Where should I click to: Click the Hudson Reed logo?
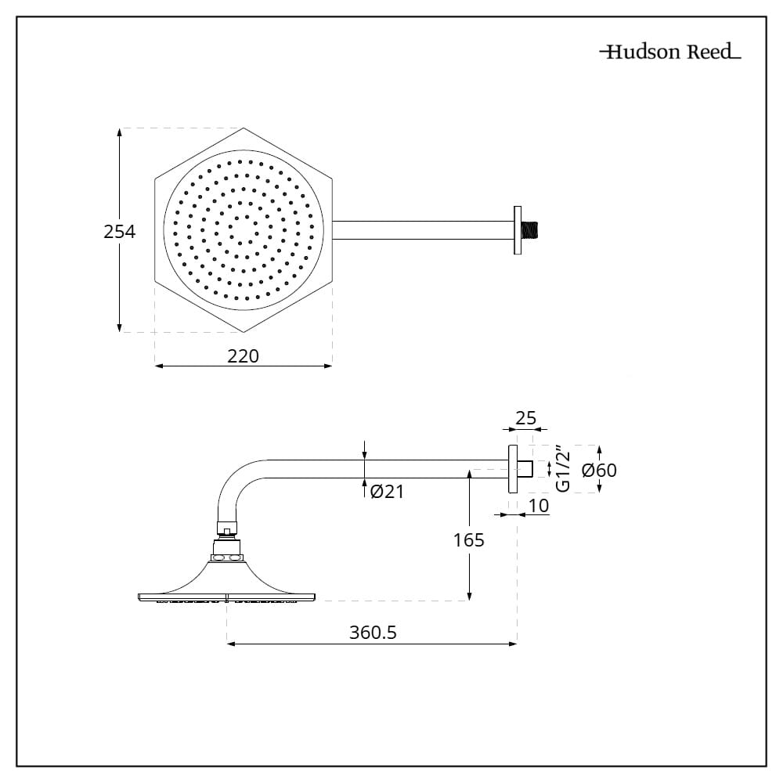(669, 52)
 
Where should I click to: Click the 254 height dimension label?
(120, 232)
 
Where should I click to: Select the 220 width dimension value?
(243, 355)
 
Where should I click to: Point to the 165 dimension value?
(468, 539)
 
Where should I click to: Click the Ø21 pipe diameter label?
(387, 492)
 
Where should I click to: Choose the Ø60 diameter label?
(601, 470)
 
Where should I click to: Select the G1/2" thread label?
(562, 469)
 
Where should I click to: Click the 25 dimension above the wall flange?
(526, 418)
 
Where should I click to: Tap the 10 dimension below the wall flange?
(539, 506)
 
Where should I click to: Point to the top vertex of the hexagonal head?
(244, 128)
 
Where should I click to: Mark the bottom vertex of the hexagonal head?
(244, 332)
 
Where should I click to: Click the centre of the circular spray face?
(244, 230)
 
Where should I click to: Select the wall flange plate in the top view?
(517, 230)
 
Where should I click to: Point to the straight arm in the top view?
(423, 230)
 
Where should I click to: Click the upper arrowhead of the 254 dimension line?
(120, 133)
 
